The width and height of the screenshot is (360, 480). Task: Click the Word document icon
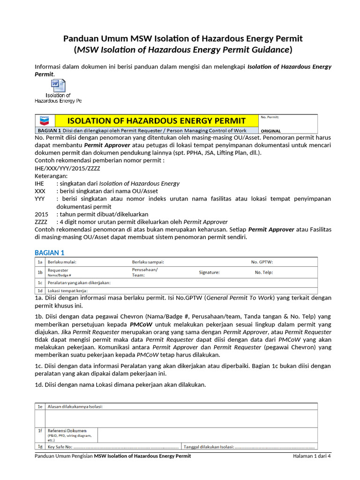point(58,86)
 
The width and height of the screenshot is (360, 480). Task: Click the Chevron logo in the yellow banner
point(45,120)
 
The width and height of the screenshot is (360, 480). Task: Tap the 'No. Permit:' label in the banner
point(270,117)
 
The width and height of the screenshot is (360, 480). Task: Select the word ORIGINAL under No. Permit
point(270,131)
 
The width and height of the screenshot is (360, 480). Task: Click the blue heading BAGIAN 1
point(50,253)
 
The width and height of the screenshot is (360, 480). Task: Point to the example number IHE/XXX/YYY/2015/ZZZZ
point(67,168)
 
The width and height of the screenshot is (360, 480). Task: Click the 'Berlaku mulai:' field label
point(60,262)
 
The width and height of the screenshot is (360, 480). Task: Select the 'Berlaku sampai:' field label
point(148,262)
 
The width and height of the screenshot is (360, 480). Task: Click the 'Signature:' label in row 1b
point(209,272)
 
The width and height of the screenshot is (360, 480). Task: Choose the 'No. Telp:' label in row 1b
point(263,272)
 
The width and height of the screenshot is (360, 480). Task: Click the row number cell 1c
point(40,283)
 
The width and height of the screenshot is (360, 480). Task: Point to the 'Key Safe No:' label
point(60,447)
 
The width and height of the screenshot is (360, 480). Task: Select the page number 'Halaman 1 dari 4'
point(312,456)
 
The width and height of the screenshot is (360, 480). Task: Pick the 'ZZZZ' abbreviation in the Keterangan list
point(41,222)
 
